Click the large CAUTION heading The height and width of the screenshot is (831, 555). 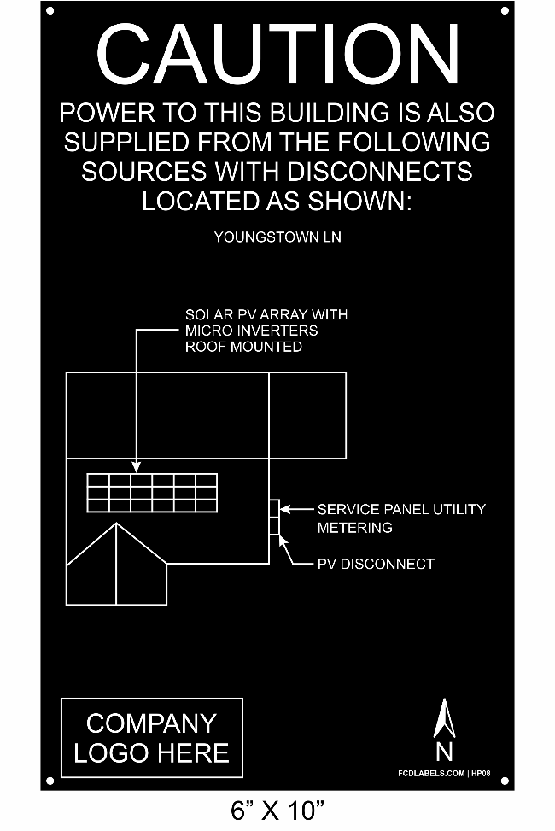coord(277,55)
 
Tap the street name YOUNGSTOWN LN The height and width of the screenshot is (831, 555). coord(277,237)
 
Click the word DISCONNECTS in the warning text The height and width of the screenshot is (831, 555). coord(380,172)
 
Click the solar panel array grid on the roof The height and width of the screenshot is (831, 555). coord(152,493)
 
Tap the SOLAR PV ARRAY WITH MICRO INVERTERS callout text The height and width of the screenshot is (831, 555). coord(266,331)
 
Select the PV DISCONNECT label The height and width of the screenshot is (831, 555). coord(376,564)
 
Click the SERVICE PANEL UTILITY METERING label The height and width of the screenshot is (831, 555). coord(401,518)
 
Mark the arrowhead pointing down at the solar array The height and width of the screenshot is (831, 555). coord(137,466)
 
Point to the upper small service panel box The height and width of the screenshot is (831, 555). coord(274,508)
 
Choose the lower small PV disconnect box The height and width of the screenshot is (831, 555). coord(274,526)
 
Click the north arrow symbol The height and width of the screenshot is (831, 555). coord(444,718)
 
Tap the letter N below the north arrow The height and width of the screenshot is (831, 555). coord(444,752)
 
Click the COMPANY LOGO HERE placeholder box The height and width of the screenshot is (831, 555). coord(152,738)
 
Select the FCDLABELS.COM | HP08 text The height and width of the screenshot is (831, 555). coord(444,773)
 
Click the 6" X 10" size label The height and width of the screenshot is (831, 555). coord(277,811)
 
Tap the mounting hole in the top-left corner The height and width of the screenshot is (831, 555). coord(50,10)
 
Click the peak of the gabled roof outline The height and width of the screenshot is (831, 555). coord(117,524)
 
